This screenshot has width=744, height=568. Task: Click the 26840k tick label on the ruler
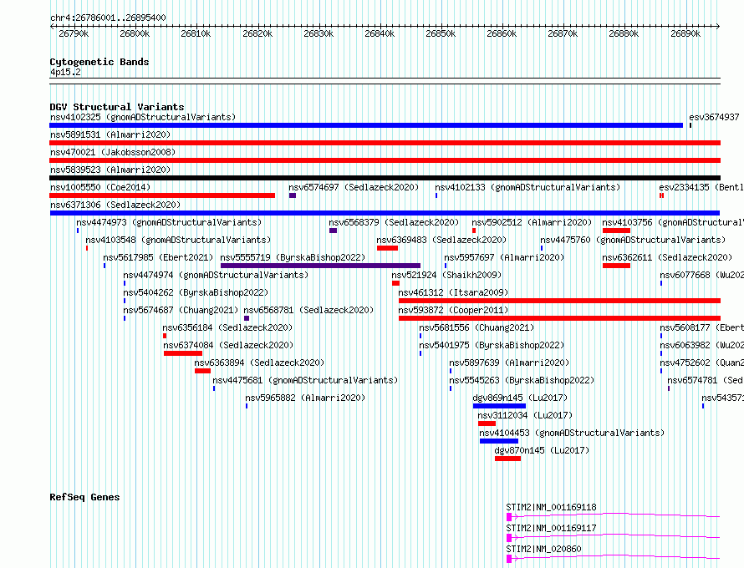click(380, 33)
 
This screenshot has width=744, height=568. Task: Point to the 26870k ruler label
click(563, 33)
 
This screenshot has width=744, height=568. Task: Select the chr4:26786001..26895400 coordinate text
click(108, 18)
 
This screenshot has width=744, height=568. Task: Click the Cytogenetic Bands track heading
click(99, 62)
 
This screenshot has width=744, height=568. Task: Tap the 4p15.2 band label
click(65, 72)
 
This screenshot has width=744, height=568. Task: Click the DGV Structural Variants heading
click(117, 107)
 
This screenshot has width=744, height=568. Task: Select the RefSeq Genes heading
click(84, 497)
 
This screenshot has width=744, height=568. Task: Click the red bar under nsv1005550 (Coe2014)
click(162, 195)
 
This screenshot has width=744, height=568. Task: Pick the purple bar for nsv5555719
click(320, 266)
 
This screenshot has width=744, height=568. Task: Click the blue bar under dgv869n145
click(499, 406)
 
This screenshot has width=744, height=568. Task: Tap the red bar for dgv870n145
click(507, 459)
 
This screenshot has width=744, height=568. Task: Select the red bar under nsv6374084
click(183, 353)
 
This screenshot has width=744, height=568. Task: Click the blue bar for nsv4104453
click(499, 441)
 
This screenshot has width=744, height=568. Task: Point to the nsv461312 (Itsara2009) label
click(453, 292)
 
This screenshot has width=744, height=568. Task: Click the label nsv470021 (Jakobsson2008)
click(113, 152)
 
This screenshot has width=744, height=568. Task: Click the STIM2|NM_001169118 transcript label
click(551, 507)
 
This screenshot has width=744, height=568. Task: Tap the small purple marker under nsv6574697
click(293, 195)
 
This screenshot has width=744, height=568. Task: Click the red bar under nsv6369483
click(387, 248)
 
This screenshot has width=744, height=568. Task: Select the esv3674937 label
click(714, 117)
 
